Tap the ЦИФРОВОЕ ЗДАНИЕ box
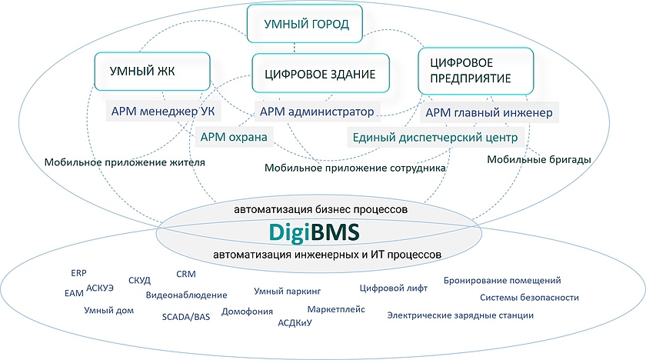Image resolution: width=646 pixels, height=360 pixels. pyautogui.click(x=319, y=75)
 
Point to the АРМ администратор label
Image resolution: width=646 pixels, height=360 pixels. pyautogui.click(x=317, y=112)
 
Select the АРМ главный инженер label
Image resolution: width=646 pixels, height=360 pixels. pyautogui.click(x=488, y=114)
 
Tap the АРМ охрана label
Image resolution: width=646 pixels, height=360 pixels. pyautogui.click(x=234, y=138)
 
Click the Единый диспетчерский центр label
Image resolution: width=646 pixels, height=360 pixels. pyautogui.click(x=435, y=138)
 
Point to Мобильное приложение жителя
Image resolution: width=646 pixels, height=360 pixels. pyautogui.click(x=124, y=162)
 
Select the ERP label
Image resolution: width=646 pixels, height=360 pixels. pyautogui.click(x=78, y=273)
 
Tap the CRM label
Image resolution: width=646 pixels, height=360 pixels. pyautogui.click(x=186, y=274)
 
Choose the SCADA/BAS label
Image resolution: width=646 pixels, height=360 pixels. pyautogui.click(x=185, y=316)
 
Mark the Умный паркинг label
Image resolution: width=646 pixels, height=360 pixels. pyautogui.click(x=287, y=291)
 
